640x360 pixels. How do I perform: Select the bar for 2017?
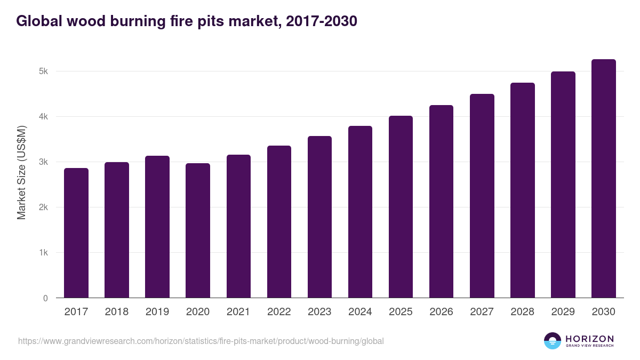[x=76, y=233]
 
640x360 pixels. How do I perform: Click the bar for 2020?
[x=198, y=230]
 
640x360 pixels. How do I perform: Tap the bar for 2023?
[x=319, y=217]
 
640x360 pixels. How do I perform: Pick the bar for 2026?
[x=441, y=202]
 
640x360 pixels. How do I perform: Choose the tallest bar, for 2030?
[x=603, y=179]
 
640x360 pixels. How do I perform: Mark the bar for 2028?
[x=522, y=190]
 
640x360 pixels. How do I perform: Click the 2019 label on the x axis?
[x=157, y=312]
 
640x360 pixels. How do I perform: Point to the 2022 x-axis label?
[x=279, y=312]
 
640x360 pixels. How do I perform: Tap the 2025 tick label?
[x=401, y=312]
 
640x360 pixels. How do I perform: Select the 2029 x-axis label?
[x=563, y=312]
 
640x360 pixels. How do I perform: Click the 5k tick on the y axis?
[x=44, y=71]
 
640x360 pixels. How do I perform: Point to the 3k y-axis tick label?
[x=44, y=162]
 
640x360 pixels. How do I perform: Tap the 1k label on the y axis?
[x=44, y=253]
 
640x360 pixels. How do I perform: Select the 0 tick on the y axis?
[x=46, y=298]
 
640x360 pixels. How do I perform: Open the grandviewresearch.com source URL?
[x=201, y=341]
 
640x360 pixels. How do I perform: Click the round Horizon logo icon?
[x=553, y=341]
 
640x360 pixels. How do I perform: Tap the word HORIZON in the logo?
[x=589, y=338]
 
